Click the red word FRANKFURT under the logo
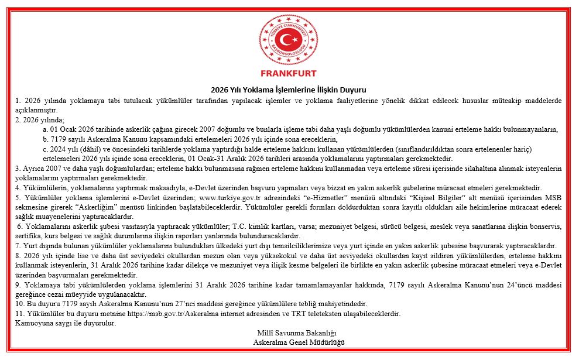[288, 74]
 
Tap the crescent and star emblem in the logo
[287, 40]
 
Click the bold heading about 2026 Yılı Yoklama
[289, 90]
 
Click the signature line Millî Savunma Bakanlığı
[289, 333]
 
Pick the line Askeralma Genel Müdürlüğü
[289, 342]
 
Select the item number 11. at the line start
[21, 313]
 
